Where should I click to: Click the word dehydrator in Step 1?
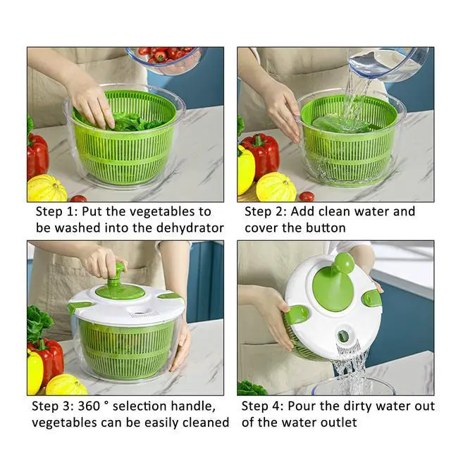(190, 228)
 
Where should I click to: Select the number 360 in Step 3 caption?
(89, 406)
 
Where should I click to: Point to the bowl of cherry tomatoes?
(165, 59)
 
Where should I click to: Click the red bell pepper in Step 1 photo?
(37, 155)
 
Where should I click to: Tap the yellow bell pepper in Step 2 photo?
(246, 169)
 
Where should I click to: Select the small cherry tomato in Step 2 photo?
(307, 196)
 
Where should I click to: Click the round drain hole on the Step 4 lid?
(343, 335)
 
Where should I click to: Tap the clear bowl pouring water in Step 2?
(387, 64)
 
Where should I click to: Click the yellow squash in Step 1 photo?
(47, 188)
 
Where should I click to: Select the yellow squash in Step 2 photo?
(276, 187)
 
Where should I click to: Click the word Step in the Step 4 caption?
(255, 407)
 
